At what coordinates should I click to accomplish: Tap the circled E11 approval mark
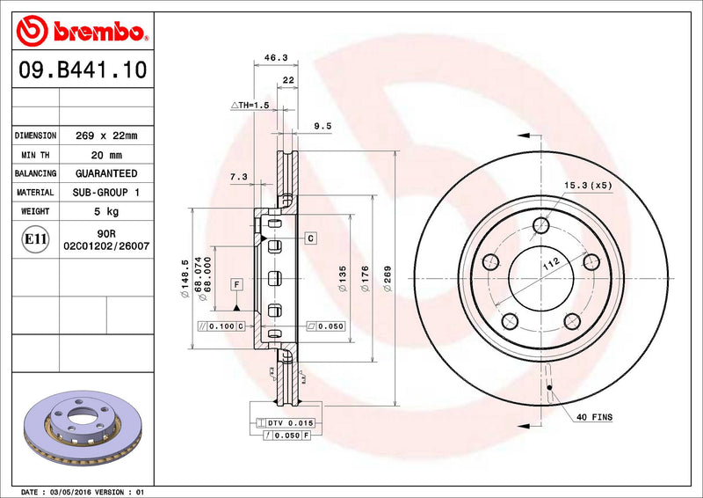click(x=35, y=238)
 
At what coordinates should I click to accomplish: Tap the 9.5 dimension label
click(x=323, y=126)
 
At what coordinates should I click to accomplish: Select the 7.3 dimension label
click(x=238, y=177)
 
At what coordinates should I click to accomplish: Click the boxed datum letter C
click(x=311, y=238)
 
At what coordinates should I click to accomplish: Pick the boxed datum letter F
click(x=237, y=283)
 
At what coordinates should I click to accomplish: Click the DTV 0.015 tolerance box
click(x=290, y=423)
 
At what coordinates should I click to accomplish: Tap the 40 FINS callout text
click(x=596, y=416)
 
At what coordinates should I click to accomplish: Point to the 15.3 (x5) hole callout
click(x=588, y=186)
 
